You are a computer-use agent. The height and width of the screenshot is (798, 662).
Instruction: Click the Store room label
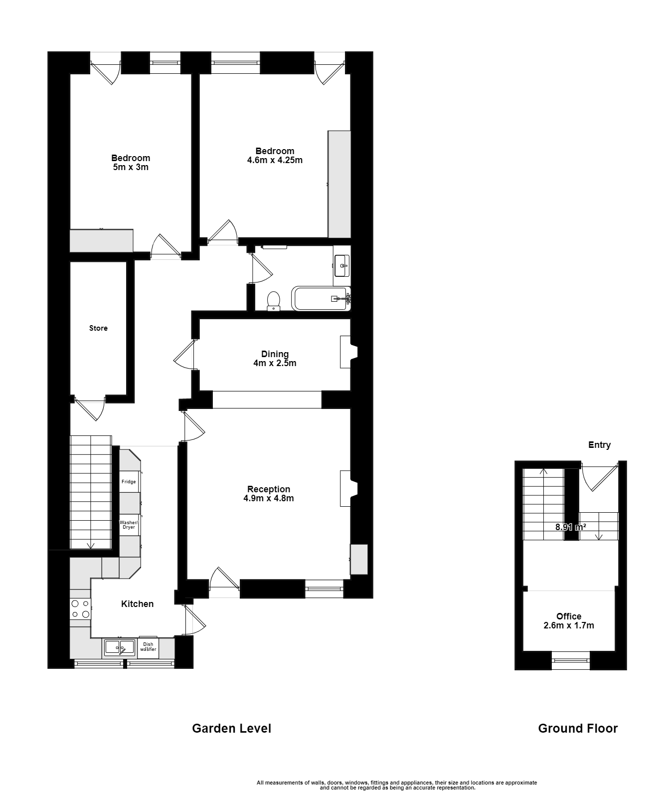coord(98,328)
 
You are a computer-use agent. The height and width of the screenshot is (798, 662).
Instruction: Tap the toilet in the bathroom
coord(273,301)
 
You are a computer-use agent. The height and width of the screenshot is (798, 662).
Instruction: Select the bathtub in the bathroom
coord(320,299)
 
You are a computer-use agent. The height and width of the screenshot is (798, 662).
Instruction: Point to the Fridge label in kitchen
coord(129,482)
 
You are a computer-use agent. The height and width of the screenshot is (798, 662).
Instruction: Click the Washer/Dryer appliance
coord(129,525)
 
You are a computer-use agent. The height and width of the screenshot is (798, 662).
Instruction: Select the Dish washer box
coord(148,647)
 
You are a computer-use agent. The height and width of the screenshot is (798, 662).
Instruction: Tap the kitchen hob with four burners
coord(80,609)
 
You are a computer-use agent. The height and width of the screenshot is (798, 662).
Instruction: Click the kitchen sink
coord(119,648)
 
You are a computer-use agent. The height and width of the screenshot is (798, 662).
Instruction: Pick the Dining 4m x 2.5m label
coord(275,359)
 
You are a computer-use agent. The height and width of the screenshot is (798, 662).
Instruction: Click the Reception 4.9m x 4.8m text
coord(269,493)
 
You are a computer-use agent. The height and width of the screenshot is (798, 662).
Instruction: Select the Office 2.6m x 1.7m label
coord(569,620)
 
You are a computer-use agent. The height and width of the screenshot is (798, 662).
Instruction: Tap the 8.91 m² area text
coord(570,527)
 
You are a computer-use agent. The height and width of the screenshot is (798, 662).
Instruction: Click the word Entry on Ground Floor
coord(599,445)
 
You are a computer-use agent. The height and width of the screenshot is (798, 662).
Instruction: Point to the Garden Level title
coord(231,728)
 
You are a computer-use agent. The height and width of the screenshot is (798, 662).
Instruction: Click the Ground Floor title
coord(578,728)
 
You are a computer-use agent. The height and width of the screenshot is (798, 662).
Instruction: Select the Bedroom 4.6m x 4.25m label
coord(275,156)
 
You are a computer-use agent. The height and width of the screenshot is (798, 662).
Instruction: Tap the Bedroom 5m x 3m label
coord(131,163)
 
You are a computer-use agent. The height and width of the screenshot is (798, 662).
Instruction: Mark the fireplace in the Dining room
coord(348,352)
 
